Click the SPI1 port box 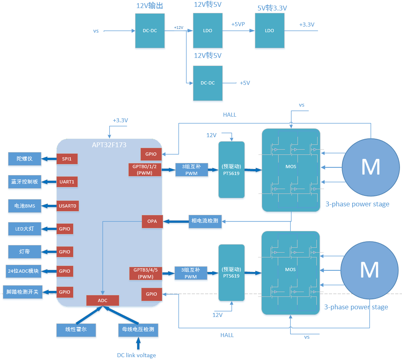click(67, 159)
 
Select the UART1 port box click(67, 182)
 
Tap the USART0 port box click(67, 206)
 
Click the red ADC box click(103, 300)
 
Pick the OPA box click(152, 221)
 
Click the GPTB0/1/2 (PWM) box click(145, 169)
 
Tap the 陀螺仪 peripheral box click(25, 159)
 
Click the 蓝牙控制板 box click(25, 182)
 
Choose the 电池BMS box click(25, 206)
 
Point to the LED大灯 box click(25, 229)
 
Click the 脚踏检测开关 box click(23, 292)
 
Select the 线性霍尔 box click(76, 330)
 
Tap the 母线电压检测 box click(138, 330)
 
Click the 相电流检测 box click(205, 221)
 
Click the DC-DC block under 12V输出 click(150, 31)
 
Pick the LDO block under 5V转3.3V click(269, 31)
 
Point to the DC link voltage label click(136, 355)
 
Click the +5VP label click(238, 25)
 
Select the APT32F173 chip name click(109, 145)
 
